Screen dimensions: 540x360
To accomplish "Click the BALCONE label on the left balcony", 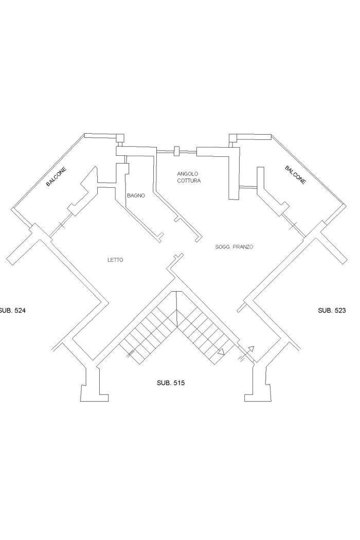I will pyautogui.click(x=56, y=176).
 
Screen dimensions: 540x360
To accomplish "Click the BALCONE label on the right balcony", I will pyautogui.click(x=295, y=175).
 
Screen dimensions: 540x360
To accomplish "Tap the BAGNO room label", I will pyautogui.click(x=136, y=195).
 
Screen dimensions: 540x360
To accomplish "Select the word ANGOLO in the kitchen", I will pyautogui.click(x=188, y=174).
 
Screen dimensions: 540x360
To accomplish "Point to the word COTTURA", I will pyautogui.click(x=189, y=181).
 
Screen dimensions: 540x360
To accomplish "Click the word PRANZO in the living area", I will pyautogui.click(x=243, y=247).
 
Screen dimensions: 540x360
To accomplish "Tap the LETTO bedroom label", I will pyautogui.click(x=115, y=260).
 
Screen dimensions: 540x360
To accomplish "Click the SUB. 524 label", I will pyautogui.click(x=11, y=311).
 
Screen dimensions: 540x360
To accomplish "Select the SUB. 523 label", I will pyautogui.click(x=332, y=311).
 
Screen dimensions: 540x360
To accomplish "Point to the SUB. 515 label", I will pyautogui.click(x=170, y=383).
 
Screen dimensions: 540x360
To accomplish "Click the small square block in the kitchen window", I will pyautogui.click(x=176, y=151).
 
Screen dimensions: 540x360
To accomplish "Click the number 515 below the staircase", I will pyautogui.click(x=178, y=383).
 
